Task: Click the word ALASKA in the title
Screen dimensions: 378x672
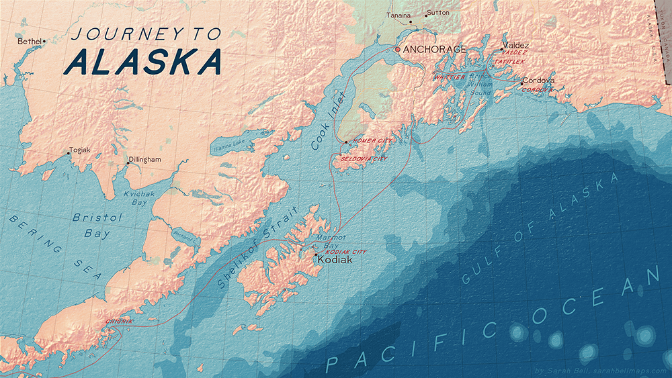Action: click(144, 62)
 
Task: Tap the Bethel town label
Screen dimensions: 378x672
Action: click(29, 42)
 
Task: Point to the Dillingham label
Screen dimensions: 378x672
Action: click(145, 159)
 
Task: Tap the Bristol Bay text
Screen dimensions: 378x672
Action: click(98, 226)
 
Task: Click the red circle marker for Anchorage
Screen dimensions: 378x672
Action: click(397, 50)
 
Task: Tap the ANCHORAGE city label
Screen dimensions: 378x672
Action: click(434, 50)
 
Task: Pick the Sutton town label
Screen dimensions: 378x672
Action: click(439, 13)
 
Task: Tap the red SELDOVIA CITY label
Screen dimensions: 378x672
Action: click(364, 158)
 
